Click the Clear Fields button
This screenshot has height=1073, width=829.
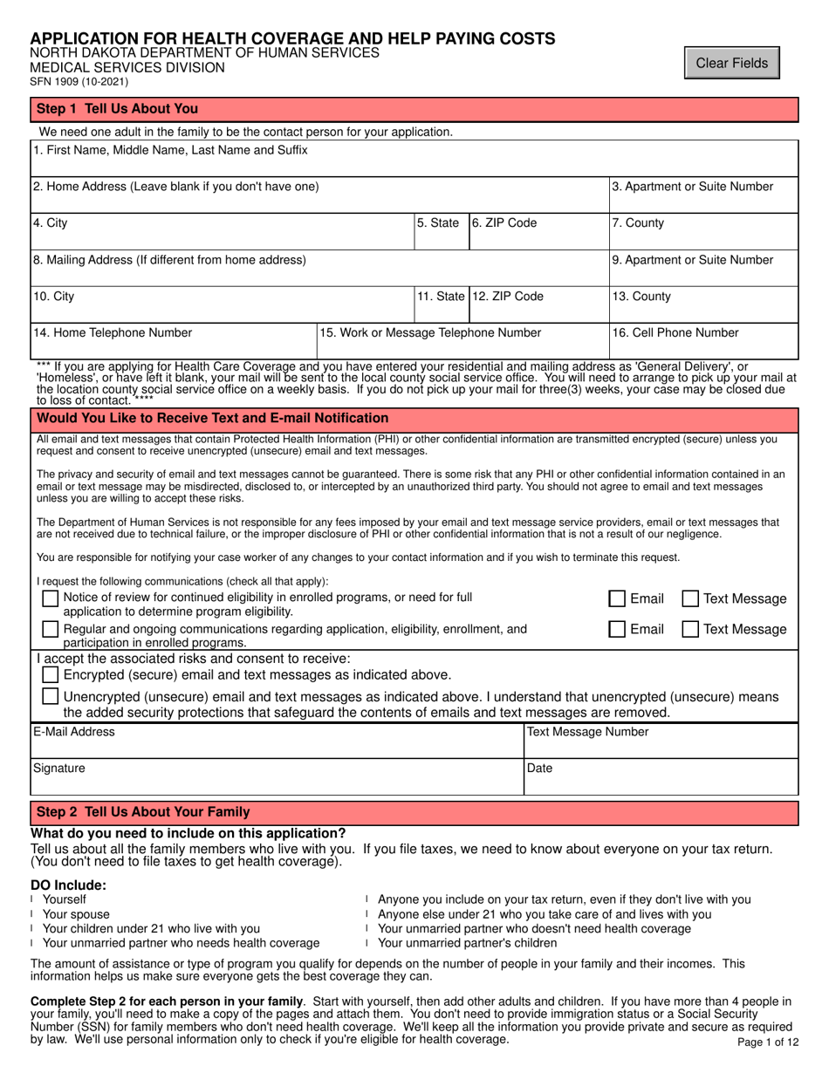pyautogui.click(x=731, y=63)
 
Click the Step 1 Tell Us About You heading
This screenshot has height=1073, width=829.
pyautogui.click(x=117, y=109)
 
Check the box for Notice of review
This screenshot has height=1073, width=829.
pyautogui.click(x=51, y=598)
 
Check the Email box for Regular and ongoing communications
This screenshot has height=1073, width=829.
pyautogui.click(x=617, y=629)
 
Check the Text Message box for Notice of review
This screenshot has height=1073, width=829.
pyautogui.click(x=689, y=599)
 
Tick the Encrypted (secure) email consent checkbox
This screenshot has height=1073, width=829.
pyautogui.click(x=51, y=675)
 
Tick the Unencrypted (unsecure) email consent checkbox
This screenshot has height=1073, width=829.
pyautogui.click(x=51, y=697)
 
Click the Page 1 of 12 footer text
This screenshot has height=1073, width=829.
pyautogui.click(x=762, y=1041)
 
